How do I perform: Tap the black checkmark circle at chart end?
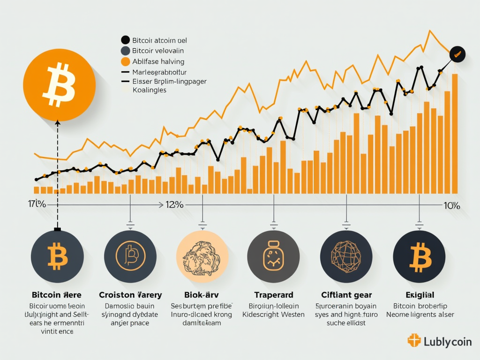(457, 55)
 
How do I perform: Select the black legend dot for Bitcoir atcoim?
(125, 40)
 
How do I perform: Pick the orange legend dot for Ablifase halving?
(125, 61)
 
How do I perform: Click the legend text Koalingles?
(150, 90)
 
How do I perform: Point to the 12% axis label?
(174, 205)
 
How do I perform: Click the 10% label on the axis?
(452, 205)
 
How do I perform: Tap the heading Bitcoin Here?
(57, 295)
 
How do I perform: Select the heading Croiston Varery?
(130, 295)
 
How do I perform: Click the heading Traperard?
(274, 295)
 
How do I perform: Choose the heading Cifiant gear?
(346, 295)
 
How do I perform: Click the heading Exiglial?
(420, 295)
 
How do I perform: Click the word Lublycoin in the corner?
(447, 342)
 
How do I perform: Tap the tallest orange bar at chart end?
(455, 134)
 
